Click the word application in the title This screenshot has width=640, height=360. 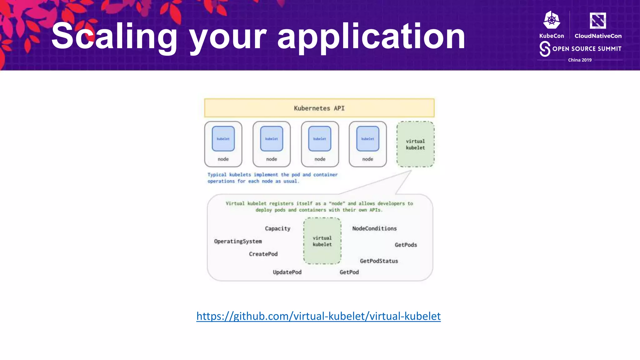point(371,37)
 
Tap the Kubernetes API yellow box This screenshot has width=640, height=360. point(319,108)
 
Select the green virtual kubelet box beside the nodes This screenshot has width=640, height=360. point(415,144)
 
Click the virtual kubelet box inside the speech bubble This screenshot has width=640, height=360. point(322,241)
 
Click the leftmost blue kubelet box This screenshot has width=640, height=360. point(223,139)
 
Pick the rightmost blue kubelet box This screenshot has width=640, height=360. point(367,139)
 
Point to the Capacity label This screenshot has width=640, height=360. point(277,228)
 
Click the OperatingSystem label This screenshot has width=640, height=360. point(238,241)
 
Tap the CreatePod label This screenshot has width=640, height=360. point(263,254)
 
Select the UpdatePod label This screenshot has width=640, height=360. point(287,272)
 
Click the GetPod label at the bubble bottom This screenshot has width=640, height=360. point(349,272)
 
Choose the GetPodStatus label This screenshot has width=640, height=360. point(379,261)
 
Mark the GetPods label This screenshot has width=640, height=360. point(406,245)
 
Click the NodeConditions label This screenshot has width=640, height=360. point(374,228)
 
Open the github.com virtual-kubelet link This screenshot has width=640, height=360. point(318,316)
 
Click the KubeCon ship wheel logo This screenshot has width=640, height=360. point(552,21)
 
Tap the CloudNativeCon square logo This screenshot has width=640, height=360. point(597,21)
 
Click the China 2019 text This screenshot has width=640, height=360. point(580,60)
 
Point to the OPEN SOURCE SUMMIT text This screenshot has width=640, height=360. point(587,49)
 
